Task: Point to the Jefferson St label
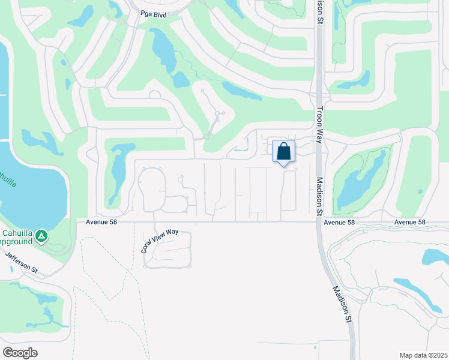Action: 20,263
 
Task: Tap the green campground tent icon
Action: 41,236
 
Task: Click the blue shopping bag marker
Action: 283,152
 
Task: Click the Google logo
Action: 20,352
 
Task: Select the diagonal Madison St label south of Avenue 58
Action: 341,304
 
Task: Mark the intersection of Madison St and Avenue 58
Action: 318,222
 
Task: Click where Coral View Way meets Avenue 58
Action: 155,222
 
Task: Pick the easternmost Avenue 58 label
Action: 410,222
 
